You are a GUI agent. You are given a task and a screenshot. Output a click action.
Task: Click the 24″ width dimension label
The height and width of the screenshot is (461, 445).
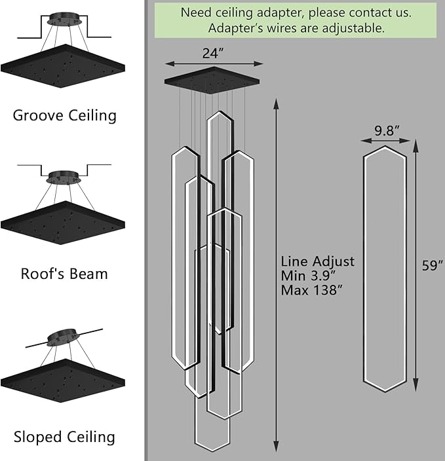(x=213, y=53)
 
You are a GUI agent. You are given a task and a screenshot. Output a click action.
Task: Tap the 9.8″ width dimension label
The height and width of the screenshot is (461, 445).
(x=387, y=130)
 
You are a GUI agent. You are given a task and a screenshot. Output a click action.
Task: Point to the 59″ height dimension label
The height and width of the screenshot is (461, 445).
(x=433, y=265)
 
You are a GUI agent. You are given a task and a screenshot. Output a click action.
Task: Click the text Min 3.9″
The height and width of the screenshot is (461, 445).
(x=308, y=276)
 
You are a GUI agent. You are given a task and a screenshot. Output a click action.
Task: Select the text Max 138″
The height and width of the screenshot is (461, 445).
(x=312, y=290)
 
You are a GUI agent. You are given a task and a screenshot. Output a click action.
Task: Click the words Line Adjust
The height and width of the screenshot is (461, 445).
(x=318, y=262)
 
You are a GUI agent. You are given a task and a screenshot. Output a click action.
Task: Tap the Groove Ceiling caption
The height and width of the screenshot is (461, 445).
(x=65, y=115)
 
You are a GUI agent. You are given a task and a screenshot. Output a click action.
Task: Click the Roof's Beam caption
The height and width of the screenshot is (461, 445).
(x=64, y=274)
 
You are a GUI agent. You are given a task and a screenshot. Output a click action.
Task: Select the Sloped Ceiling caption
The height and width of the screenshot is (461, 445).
(x=64, y=437)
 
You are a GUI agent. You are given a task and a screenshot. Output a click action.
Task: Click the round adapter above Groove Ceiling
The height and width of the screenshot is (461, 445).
(x=64, y=19)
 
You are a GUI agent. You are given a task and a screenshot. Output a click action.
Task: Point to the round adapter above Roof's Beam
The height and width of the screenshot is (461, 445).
(x=64, y=177)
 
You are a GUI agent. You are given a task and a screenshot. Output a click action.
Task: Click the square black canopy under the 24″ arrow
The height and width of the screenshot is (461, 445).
(x=212, y=81)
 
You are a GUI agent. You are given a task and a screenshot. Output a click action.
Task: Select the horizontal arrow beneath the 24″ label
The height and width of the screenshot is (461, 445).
(x=214, y=64)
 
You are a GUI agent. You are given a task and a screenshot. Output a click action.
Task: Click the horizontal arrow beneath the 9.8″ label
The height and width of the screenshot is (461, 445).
(x=385, y=141)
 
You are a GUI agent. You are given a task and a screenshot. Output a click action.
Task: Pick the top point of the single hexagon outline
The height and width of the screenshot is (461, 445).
(x=385, y=146)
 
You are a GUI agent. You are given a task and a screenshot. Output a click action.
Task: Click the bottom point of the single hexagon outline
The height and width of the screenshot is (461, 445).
(x=385, y=392)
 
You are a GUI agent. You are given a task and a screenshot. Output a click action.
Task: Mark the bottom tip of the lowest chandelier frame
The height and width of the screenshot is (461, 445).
(x=212, y=451)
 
